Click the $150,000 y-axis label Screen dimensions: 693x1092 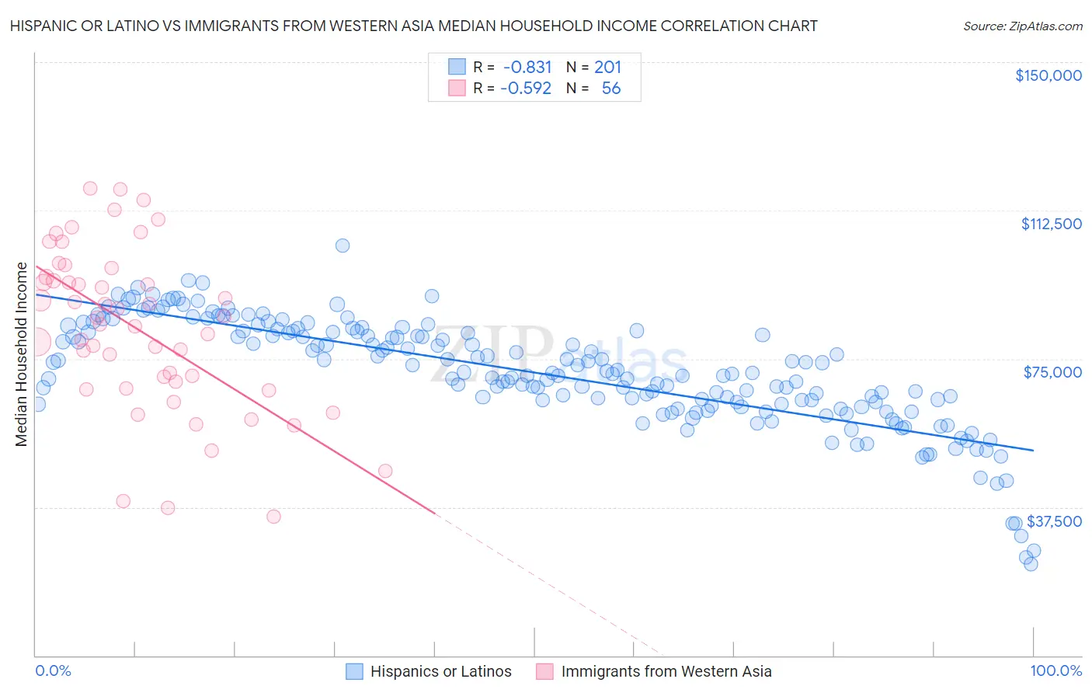point(1048,75)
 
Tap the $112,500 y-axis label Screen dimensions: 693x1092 point(1051,224)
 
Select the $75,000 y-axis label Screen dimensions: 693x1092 point(1052,372)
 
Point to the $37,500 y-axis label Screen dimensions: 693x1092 point(1054,521)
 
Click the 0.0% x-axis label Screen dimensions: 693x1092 point(53,670)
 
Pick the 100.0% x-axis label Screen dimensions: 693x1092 point(1055,670)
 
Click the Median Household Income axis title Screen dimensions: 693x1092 point(21,354)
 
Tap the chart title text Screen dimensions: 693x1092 point(413,26)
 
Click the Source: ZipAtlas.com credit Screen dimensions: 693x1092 point(1022,26)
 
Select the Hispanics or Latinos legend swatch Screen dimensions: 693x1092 point(354,671)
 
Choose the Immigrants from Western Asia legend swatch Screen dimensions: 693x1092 point(545,671)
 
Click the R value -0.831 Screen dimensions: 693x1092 point(527,67)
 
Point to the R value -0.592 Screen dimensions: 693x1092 point(526,88)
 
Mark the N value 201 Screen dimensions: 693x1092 point(607,67)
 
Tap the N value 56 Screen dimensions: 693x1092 point(611,88)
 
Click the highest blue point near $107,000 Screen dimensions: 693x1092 point(342,246)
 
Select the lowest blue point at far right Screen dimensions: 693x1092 point(1031,564)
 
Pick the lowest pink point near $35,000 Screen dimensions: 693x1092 point(273,517)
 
